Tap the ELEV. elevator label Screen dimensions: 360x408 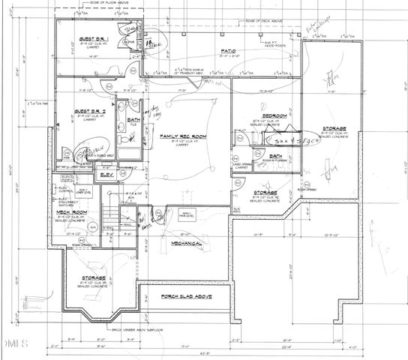click(106, 175)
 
